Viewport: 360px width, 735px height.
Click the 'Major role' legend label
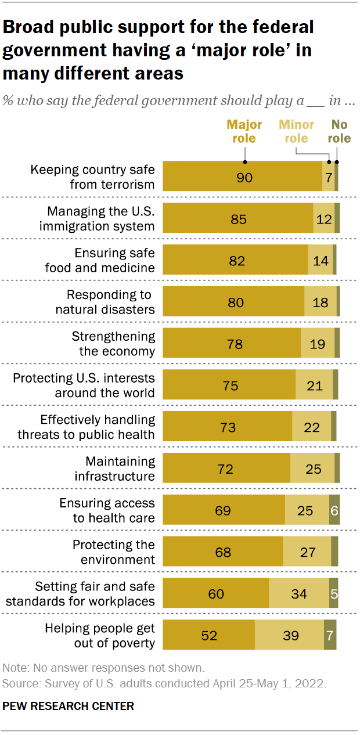[244, 131]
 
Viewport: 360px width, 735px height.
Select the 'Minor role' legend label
[296, 131]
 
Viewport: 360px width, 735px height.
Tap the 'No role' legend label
[340, 131]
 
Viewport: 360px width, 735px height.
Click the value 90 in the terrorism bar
[244, 177]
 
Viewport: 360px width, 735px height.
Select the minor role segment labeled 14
[321, 261]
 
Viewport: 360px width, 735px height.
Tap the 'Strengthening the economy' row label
[113, 344]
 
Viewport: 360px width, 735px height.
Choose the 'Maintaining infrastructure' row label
[115, 469]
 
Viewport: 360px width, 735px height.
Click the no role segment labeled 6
[334, 511]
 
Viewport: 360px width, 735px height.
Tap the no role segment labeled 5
[334, 594]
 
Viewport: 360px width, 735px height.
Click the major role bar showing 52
[208, 636]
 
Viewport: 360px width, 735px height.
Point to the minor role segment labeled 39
[289, 636]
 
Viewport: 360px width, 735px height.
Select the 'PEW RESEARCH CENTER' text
[69, 707]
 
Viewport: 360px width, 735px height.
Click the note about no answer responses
[103, 668]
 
